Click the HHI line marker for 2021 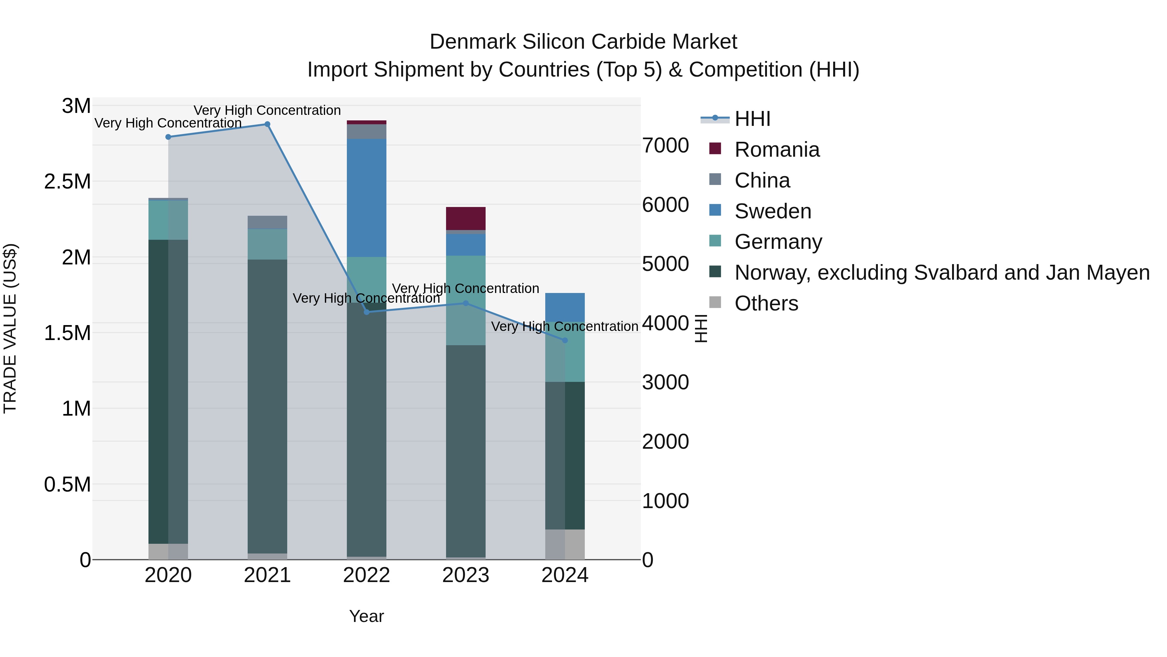pyautogui.click(x=267, y=124)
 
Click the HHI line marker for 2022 pyautogui.click(x=367, y=312)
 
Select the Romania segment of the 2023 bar pyautogui.click(x=466, y=219)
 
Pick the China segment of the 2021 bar pyautogui.click(x=267, y=222)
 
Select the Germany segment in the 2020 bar pyautogui.click(x=168, y=220)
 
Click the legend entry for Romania pyautogui.click(x=776, y=150)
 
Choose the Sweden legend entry pyautogui.click(x=772, y=211)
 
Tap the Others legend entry pyautogui.click(x=766, y=303)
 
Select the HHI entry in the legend pyautogui.click(x=752, y=119)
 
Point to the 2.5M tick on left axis pyautogui.click(x=68, y=181)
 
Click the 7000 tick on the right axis pyautogui.click(x=665, y=146)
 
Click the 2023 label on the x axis pyautogui.click(x=466, y=575)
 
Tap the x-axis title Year pyautogui.click(x=367, y=616)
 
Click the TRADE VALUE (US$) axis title pyautogui.click(x=10, y=328)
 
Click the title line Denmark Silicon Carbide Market pyautogui.click(x=583, y=42)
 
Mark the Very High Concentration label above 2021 pyautogui.click(x=267, y=110)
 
